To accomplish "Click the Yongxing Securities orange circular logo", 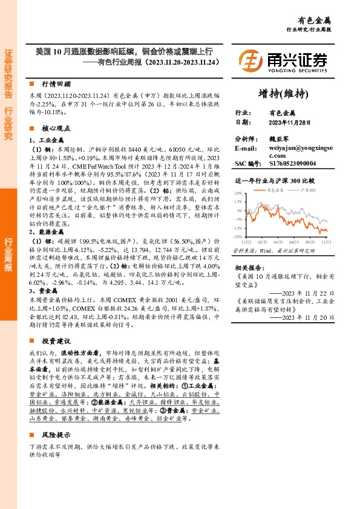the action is [250, 60].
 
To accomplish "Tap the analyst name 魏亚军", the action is [280, 138].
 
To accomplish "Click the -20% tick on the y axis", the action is [239, 236].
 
